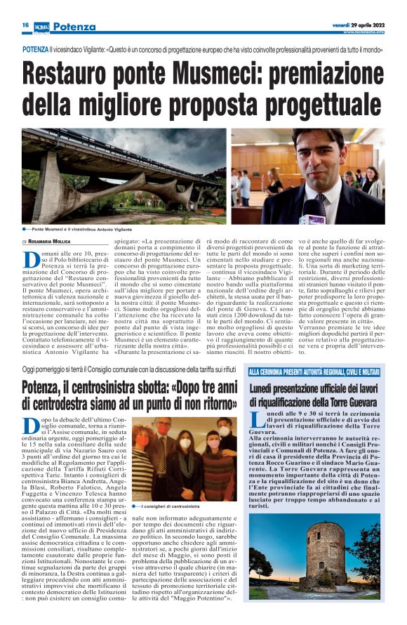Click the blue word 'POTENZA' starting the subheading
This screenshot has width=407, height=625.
pos(35,51)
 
